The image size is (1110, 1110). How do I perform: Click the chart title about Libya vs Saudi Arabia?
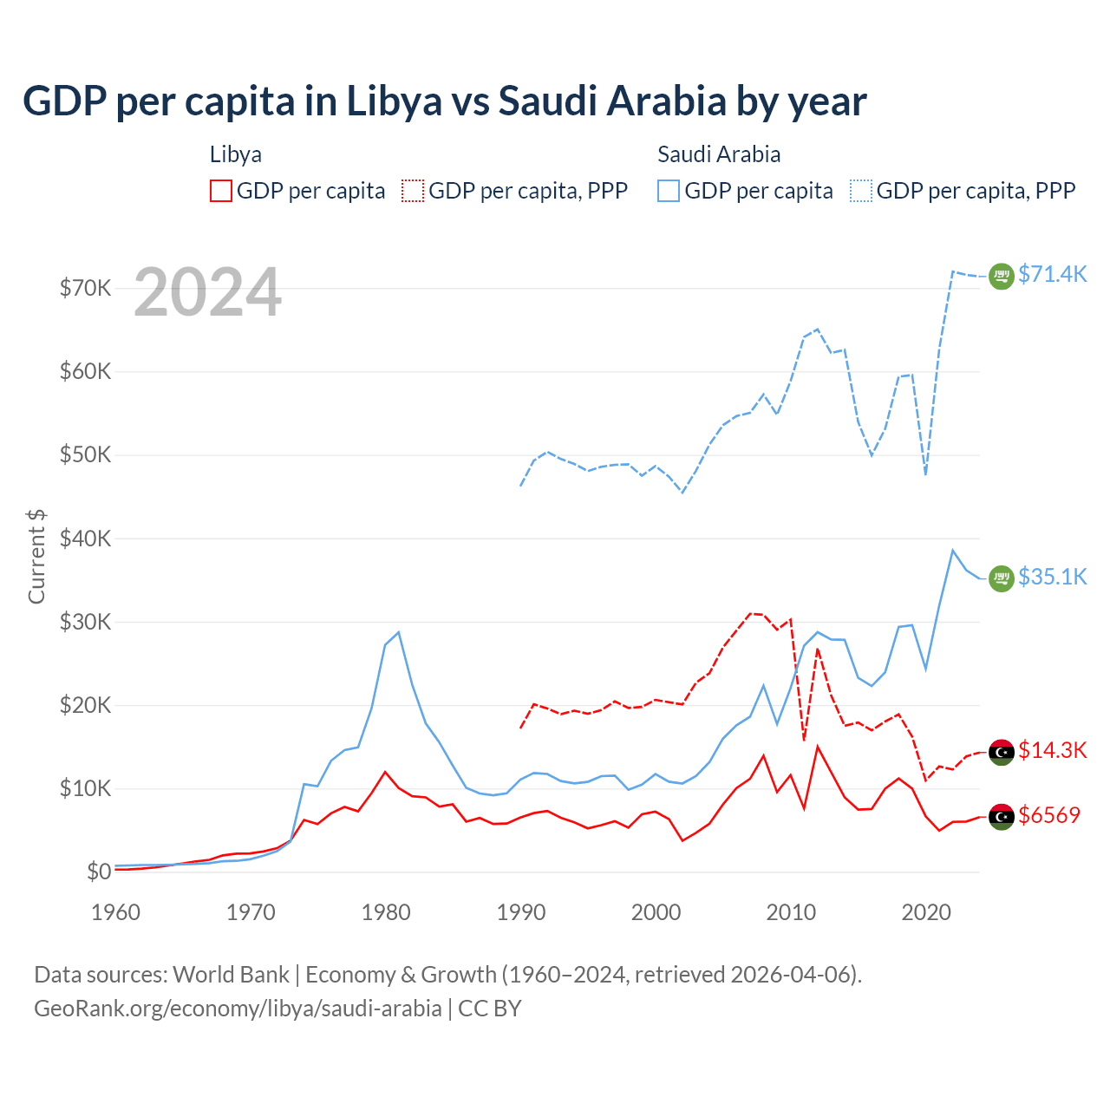[x=444, y=101]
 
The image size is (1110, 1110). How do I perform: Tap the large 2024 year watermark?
[x=208, y=292]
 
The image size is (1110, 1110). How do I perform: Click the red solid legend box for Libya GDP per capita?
[x=221, y=191]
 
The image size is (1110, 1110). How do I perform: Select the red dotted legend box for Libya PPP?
[x=413, y=191]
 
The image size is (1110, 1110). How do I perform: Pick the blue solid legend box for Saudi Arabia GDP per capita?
[x=669, y=191]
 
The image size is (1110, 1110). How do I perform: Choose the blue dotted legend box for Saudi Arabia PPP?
[x=861, y=191]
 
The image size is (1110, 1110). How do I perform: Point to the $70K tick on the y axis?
[x=85, y=288]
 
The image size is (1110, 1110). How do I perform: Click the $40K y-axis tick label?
[x=85, y=539]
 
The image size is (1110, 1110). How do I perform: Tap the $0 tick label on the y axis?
[x=99, y=872]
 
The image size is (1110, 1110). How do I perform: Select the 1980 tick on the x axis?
[x=386, y=912]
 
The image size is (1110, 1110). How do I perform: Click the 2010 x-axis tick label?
[x=791, y=912]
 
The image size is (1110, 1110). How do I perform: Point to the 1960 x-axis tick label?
[x=116, y=912]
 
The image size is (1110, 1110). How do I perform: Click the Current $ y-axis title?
[x=36, y=557]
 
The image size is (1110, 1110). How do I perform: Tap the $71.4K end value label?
[x=1052, y=274]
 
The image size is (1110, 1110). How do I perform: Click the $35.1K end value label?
[x=1052, y=577]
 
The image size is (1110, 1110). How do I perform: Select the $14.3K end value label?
[x=1052, y=750]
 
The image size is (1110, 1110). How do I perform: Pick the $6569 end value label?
[x=1049, y=815]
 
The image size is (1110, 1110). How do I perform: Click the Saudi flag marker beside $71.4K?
[x=1002, y=276]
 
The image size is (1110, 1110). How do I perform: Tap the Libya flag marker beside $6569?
[x=1002, y=816]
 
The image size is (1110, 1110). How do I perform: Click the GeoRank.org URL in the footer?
[x=238, y=1009]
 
